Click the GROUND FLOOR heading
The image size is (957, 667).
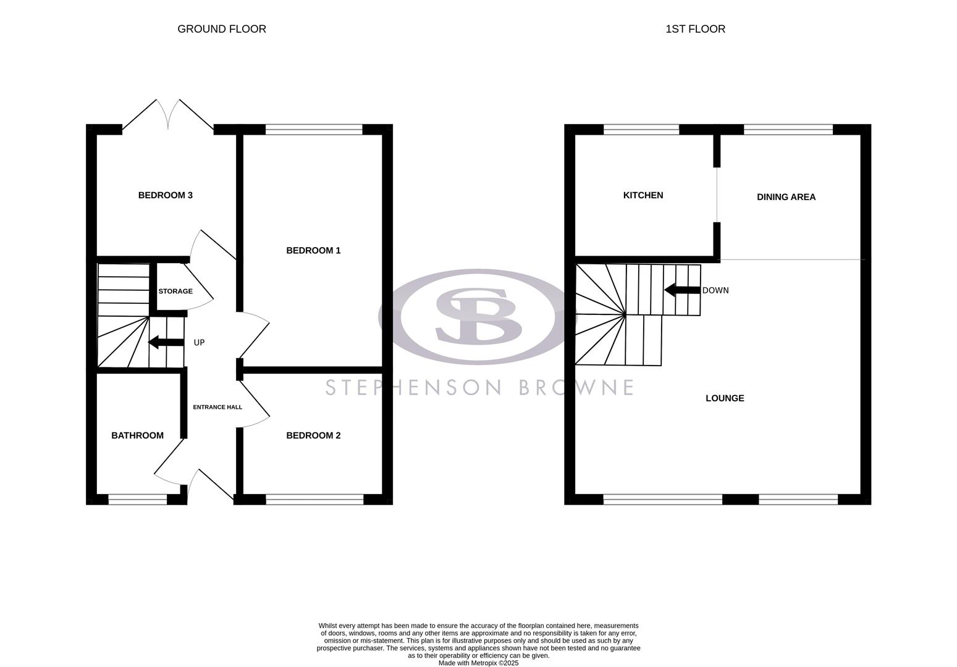[x=222, y=29]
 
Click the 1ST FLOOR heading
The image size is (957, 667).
[x=695, y=29]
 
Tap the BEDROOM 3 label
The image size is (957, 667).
[x=165, y=195]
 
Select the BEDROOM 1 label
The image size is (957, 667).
[x=313, y=250]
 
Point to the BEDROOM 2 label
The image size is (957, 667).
[x=313, y=435]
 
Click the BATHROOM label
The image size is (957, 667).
[x=137, y=435]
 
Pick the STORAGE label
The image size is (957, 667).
[x=175, y=291]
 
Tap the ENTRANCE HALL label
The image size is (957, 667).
[x=217, y=407]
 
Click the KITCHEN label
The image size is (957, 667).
[x=643, y=195]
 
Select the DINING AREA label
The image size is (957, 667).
[x=786, y=197]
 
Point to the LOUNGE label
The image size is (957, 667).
[x=725, y=398]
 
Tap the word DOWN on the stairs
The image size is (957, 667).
[x=715, y=290]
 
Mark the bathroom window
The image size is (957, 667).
[x=137, y=499]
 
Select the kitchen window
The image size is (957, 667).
[x=641, y=129]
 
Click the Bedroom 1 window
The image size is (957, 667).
[x=314, y=129]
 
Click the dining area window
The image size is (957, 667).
[x=788, y=129]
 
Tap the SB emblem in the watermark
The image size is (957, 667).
[x=478, y=316]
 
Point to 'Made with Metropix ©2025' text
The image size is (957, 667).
[x=478, y=663]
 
